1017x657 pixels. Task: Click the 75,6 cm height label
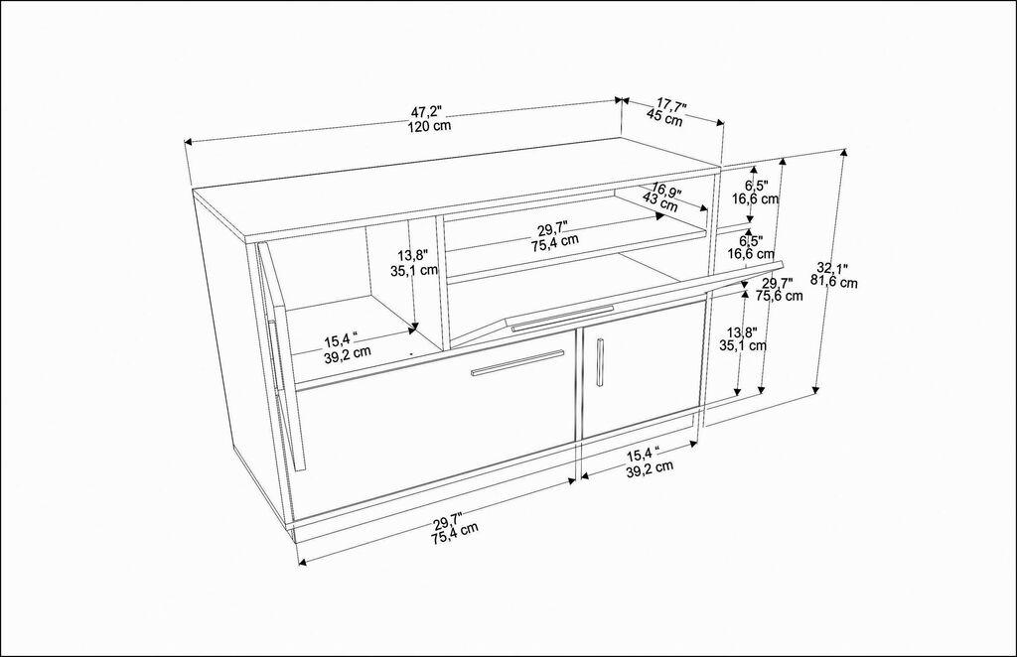pyautogui.click(x=780, y=295)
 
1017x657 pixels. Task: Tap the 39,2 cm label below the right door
pyautogui.click(x=651, y=466)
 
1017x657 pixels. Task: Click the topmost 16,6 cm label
pyautogui.click(x=756, y=198)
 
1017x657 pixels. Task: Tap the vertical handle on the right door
pyautogui.click(x=600, y=362)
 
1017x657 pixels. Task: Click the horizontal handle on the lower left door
pyautogui.click(x=517, y=362)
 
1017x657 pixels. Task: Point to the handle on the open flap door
pyautogui.click(x=562, y=317)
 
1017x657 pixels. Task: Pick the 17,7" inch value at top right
pyautogui.click(x=672, y=104)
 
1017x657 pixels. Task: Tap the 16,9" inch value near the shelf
pyautogui.click(x=665, y=190)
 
